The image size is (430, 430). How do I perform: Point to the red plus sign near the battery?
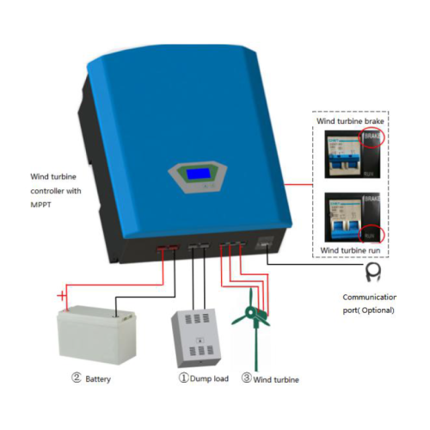point(61,297)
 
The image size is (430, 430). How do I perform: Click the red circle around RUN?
point(372,231)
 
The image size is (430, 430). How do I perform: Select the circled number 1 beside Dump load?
point(181,378)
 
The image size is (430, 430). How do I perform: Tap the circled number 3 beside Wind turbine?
point(246,378)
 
